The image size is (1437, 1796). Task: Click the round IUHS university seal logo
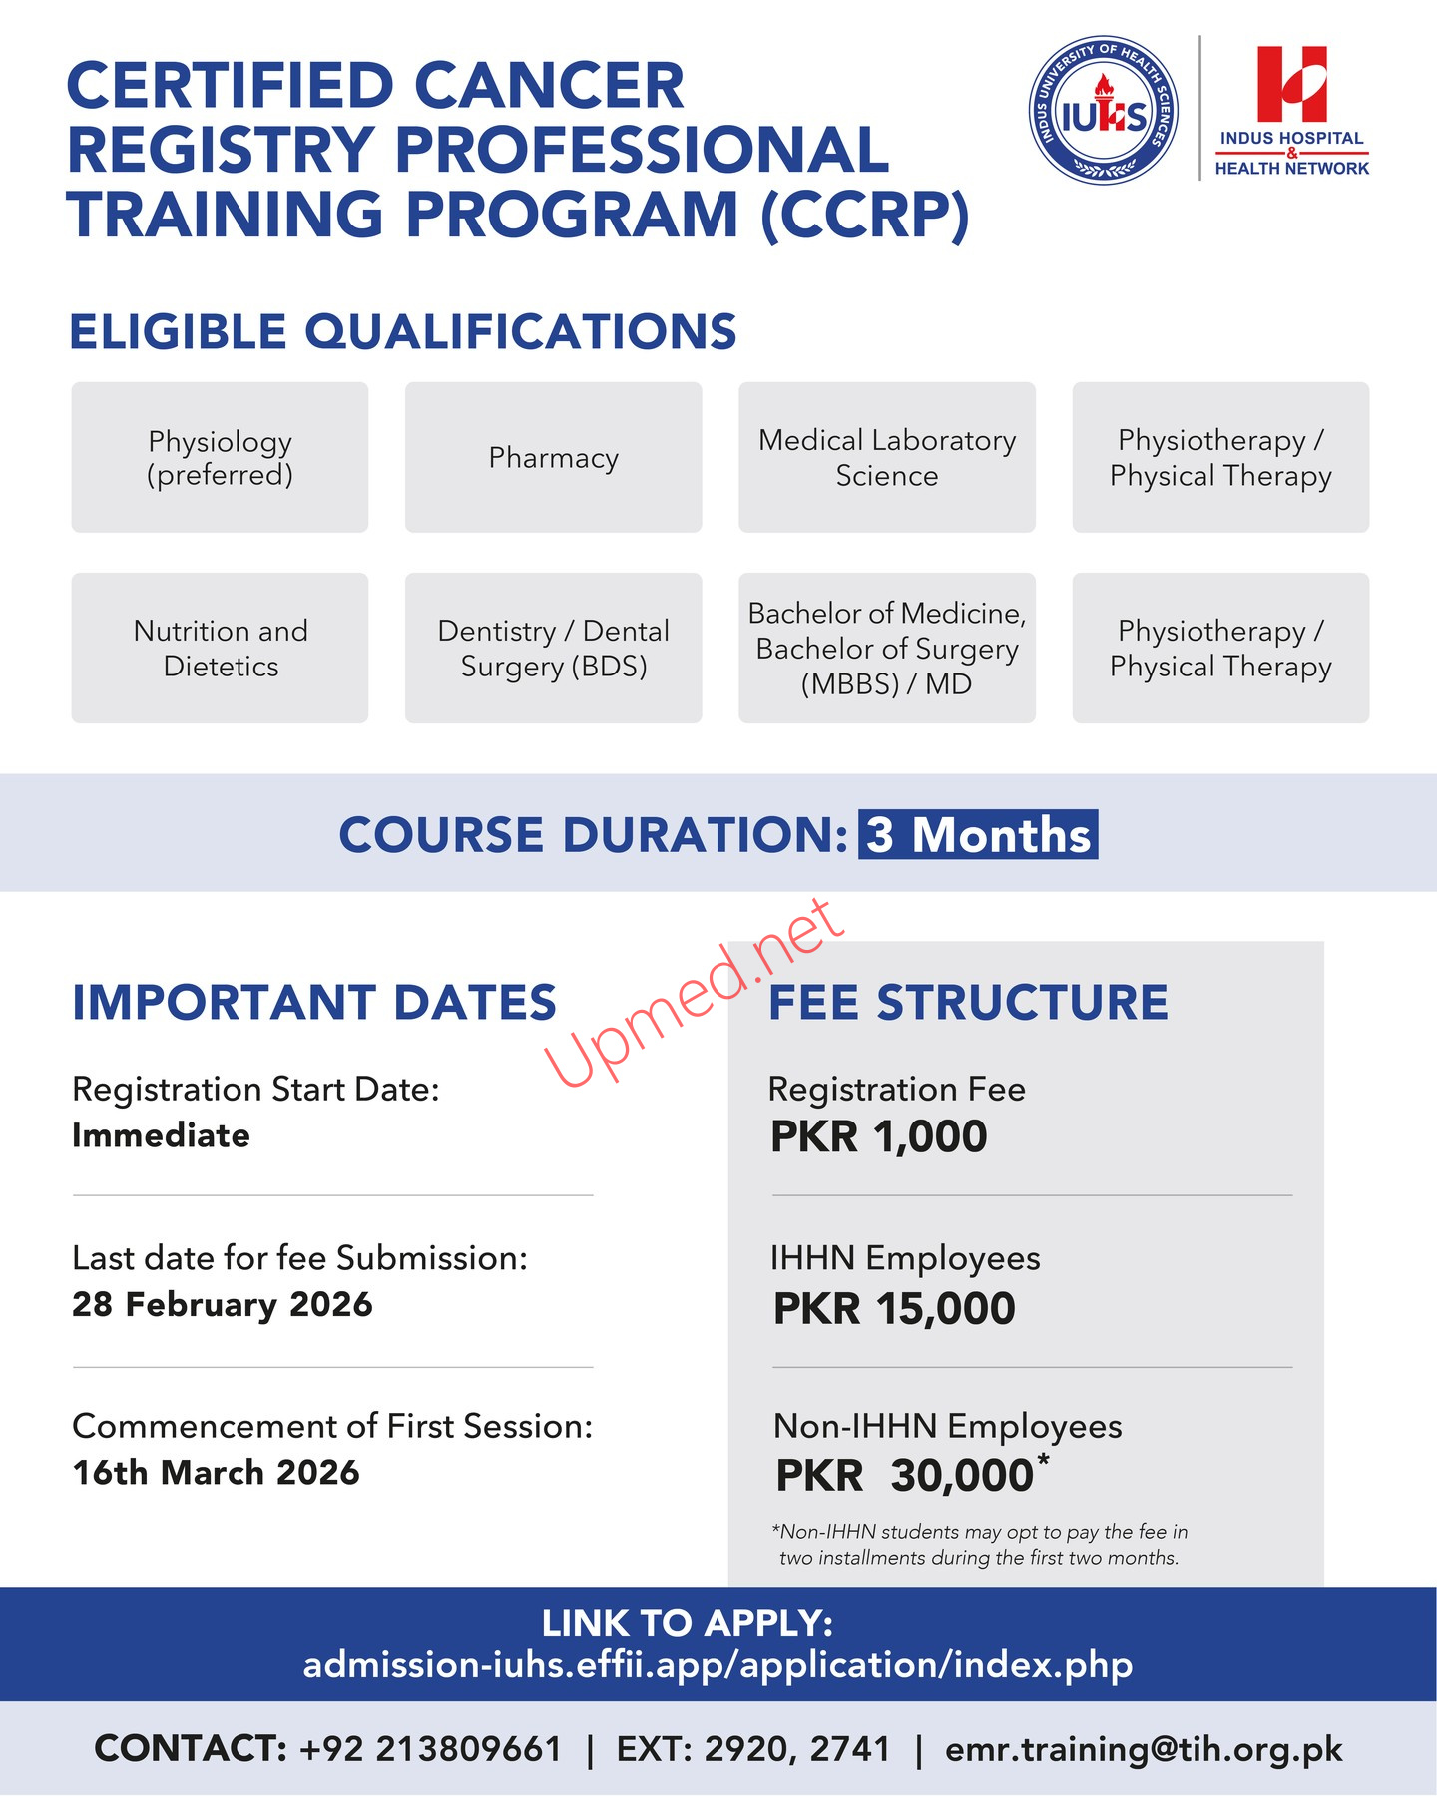pos(1103,111)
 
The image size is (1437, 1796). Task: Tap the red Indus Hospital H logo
pos(1291,84)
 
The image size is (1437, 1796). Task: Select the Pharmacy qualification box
pos(553,457)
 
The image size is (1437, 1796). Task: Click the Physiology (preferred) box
pos(220,457)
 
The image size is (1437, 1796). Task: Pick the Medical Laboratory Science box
pos(886,457)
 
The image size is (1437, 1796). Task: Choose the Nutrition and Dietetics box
pos(220,648)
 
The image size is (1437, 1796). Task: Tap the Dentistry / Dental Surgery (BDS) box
pos(553,648)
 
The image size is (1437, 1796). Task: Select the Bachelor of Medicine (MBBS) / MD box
pos(886,648)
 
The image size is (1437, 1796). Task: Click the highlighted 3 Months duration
pos(978,835)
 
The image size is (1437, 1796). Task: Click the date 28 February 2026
pos(223,1304)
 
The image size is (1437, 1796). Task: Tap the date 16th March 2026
pos(216,1472)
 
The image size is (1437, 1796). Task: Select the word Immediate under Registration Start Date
pos(161,1135)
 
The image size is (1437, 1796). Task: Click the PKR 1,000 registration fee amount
pos(878,1136)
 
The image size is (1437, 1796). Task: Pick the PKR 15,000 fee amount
pos(894,1308)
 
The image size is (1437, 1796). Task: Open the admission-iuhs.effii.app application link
pos(718,1665)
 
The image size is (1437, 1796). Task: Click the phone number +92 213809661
pos(430,1749)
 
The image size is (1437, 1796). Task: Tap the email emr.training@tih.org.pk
pos(1144,1749)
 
